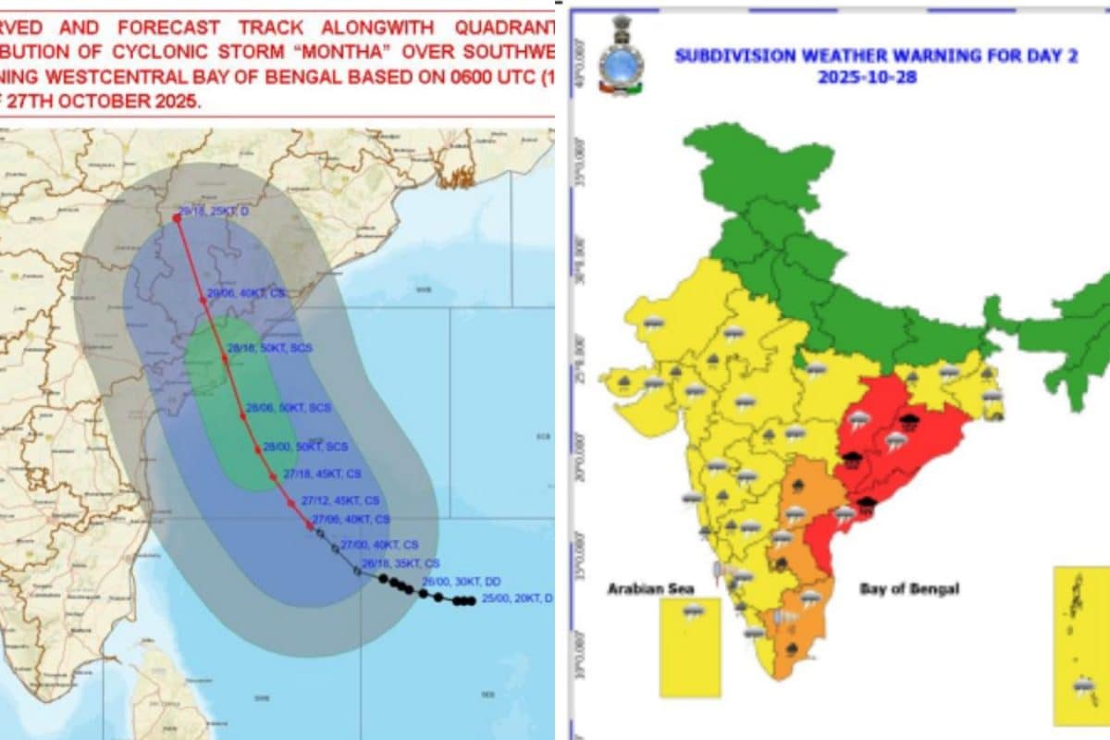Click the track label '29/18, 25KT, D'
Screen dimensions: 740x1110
pyautogui.click(x=216, y=212)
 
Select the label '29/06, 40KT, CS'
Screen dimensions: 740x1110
pyautogui.click(x=247, y=292)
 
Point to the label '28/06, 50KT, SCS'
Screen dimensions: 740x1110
pyautogui.click(x=289, y=408)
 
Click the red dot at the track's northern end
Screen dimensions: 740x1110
pyautogui.click(x=177, y=218)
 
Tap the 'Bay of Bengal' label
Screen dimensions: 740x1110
pyautogui.click(x=909, y=588)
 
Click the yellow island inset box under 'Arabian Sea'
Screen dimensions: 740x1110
pyautogui.click(x=689, y=647)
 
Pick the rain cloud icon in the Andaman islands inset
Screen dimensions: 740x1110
pyautogui.click(x=1083, y=685)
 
